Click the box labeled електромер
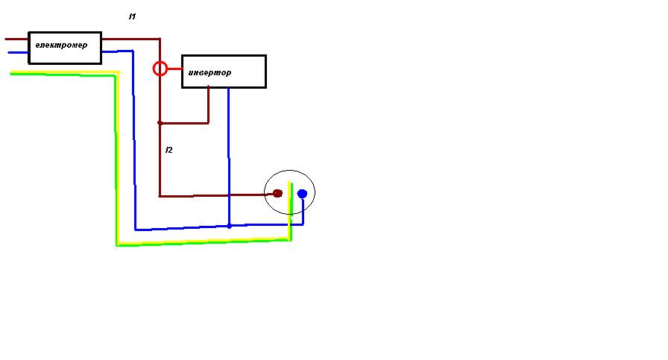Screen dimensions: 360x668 pyautogui.click(x=65, y=47)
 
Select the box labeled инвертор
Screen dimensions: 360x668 pyautogui.click(x=224, y=72)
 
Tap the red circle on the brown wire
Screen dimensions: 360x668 pyautogui.click(x=160, y=69)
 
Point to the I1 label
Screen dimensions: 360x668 pyautogui.click(x=132, y=16)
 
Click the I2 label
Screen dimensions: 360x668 pyautogui.click(x=168, y=151)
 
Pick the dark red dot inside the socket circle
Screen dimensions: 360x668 pyautogui.click(x=277, y=194)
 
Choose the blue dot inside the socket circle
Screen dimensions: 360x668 pyautogui.click(x=302, y=194)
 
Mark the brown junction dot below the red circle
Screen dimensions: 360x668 pyautogui.click(x=160, y=123)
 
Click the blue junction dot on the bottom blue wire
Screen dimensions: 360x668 pyautogui.click(x=229, y=226)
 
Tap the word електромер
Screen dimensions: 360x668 pyautogui.click(x=61, y=45)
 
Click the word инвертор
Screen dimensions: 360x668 pyautogui.click(x=209, y=73)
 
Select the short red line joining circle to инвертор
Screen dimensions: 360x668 pyautogui.click(x=174, y=69)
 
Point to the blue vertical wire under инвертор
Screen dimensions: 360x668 pyautogui.click(x=228, y=149)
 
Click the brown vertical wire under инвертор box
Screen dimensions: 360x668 pyautogui.click(x=208, y=104)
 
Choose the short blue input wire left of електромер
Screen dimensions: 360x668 pyautogui.click(x=18, y=53)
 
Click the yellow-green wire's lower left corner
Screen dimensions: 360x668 pyautogui.click(x=118, y=243)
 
